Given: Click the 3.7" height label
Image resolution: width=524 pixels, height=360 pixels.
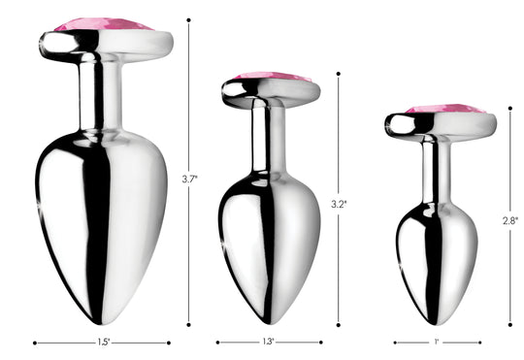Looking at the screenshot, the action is pos(189,180).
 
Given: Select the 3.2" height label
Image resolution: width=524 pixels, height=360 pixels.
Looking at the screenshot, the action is pos(339,204).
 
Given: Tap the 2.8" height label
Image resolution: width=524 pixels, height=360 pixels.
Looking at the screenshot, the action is pos(510,220).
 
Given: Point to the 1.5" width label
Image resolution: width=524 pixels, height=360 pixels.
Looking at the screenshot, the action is pos(104,343).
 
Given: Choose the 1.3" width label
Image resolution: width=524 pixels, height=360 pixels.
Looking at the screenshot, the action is pos(268,342).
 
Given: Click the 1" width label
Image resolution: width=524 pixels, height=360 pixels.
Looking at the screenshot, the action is pos(436,342).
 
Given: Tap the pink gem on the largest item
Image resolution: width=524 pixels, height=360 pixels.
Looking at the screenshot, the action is pos(104,24).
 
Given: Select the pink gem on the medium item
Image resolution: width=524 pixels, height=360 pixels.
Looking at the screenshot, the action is pos(273,77).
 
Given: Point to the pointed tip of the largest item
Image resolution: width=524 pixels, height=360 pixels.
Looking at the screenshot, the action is pos(99,323).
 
